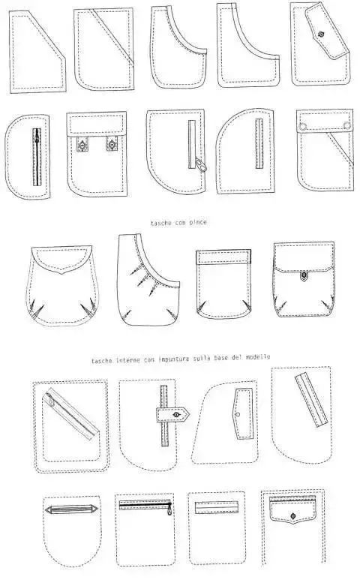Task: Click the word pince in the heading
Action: (x=199, y=223)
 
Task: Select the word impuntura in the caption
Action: (x=174, y=359)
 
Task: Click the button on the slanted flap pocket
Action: (x=322, y=35)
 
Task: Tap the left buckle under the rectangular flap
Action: (x=81, y=144)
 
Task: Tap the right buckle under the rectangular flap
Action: (x=111, y=144)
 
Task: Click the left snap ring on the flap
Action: (x=303, y=126)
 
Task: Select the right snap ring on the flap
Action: (x=347, y=125)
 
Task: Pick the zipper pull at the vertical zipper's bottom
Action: (x=201, y=165)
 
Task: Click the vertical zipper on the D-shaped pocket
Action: (x=37, y=157)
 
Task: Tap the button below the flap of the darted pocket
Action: (x=304, y=276)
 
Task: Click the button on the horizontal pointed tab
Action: (x=176, y=414)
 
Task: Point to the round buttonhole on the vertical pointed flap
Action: (x=238, y=414)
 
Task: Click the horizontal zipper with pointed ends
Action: (x=71, y=509)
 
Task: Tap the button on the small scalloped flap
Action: (x=293, y=515)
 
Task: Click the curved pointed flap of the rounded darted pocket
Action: (x=61, y=258)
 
